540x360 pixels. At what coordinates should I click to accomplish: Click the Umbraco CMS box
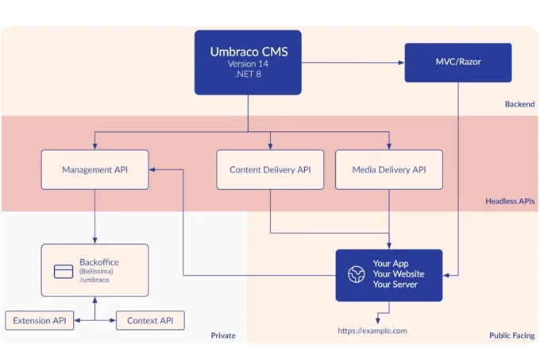tap(249, 62)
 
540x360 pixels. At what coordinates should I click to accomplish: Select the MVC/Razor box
tap(458, 62)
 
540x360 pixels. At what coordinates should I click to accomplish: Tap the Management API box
tap(94, 169)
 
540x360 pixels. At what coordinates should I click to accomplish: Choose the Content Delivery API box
tap(270, 169)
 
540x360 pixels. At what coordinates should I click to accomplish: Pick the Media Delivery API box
tap(389, 169)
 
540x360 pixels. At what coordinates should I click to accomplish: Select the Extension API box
tap(40, 321)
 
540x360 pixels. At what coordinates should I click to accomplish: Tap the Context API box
tap(150, 321)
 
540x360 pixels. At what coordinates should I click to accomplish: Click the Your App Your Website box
tap(388, 274)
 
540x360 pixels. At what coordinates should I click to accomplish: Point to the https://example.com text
tap(372, 330)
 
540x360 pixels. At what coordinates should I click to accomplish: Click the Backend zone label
tap(519, 104)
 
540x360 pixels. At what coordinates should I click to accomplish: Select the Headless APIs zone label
tap(510, 201)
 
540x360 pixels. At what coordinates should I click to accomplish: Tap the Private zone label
tap(223, 335)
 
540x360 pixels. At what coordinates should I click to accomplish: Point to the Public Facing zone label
tap(511, 335)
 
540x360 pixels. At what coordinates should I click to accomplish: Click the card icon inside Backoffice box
tap(64, 271)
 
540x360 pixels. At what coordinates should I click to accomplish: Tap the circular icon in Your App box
tap(356, 274)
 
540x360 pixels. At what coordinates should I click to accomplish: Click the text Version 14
tap(249, 64)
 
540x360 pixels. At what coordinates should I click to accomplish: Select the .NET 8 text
tap(249, 75)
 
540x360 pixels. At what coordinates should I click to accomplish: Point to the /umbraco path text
tap(94, 281)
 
